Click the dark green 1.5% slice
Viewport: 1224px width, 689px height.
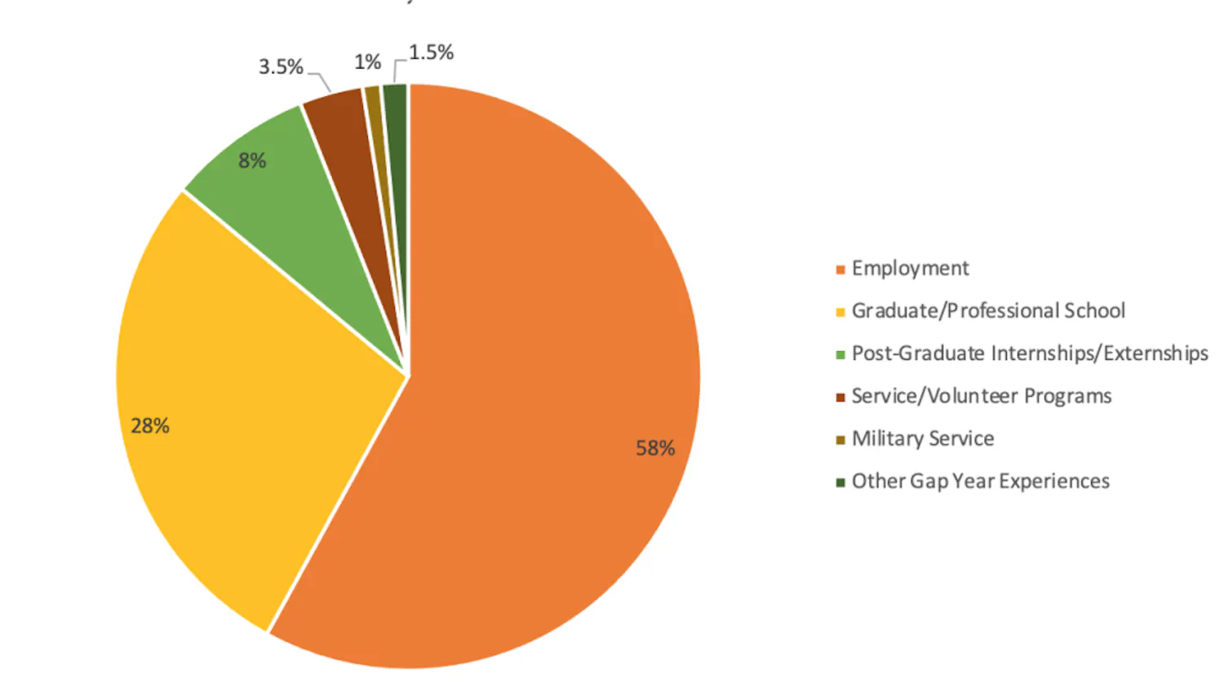coord(397,122)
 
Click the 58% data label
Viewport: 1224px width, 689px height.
coord(655,448)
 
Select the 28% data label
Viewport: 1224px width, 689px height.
coord(150,426)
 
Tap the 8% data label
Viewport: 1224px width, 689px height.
coord(252,161)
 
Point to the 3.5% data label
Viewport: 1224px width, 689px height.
coord(281,67)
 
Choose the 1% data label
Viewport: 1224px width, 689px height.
coord(367,62)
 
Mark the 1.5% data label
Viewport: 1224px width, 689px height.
coord(431,53)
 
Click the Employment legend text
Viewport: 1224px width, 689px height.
coord(910,269)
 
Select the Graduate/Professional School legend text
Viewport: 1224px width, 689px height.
coord(988,311)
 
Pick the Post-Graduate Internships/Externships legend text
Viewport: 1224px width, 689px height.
coord(1030,353)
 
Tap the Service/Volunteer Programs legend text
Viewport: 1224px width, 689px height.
coord(982,396)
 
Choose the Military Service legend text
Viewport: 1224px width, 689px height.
coord(923,439)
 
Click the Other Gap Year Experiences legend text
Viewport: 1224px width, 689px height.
coord(981,482)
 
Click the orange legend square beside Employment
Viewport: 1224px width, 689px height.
coord(840,270)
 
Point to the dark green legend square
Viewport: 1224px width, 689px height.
coord(840,482)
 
